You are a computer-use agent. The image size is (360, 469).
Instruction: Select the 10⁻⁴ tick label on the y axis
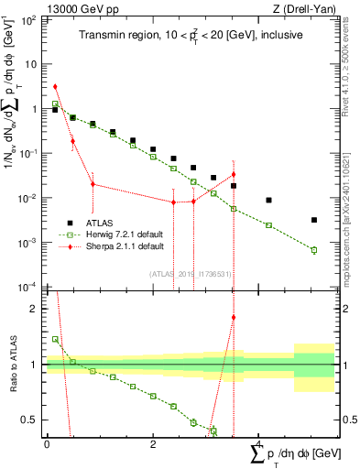[x=27, y=287]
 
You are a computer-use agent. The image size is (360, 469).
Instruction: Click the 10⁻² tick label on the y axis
[x=27, y=198]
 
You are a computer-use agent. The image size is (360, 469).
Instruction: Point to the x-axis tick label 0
[x=47, y=445]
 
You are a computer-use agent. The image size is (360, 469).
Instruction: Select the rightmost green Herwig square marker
[x=313, y=250]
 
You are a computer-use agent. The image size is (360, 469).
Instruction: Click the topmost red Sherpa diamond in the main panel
[x=55, y=86]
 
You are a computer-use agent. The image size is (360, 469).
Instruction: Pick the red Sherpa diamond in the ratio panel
[x=234, y=318]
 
